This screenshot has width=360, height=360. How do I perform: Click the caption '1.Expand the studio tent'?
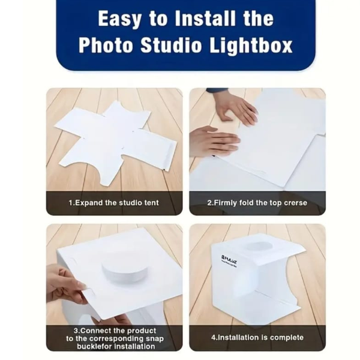point(114,203)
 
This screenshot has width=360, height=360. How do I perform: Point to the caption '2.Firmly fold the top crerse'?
point(257,203)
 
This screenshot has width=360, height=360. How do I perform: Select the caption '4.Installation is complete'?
point(257,337)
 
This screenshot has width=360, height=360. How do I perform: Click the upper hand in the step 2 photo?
point(236,108)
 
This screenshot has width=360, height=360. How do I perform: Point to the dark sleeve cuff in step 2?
point(217,91)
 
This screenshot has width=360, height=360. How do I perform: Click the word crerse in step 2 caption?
point(293,203)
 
